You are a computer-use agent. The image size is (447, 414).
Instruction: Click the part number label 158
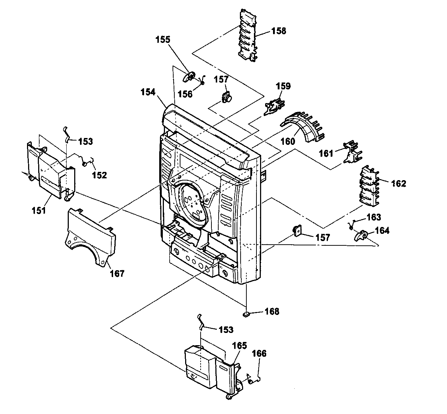coord(278,31)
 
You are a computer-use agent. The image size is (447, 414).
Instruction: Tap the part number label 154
coord(148,92)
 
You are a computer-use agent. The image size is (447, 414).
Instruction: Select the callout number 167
coord(117,273)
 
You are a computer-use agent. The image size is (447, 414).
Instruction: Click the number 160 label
coord(288,141)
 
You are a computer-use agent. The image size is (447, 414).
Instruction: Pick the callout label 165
coord(240,346)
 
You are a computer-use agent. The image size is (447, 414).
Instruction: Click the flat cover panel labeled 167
coord(90,236)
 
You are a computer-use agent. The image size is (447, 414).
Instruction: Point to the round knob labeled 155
coord(189,76)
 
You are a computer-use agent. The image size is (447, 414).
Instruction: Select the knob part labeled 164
coord(361,235)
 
